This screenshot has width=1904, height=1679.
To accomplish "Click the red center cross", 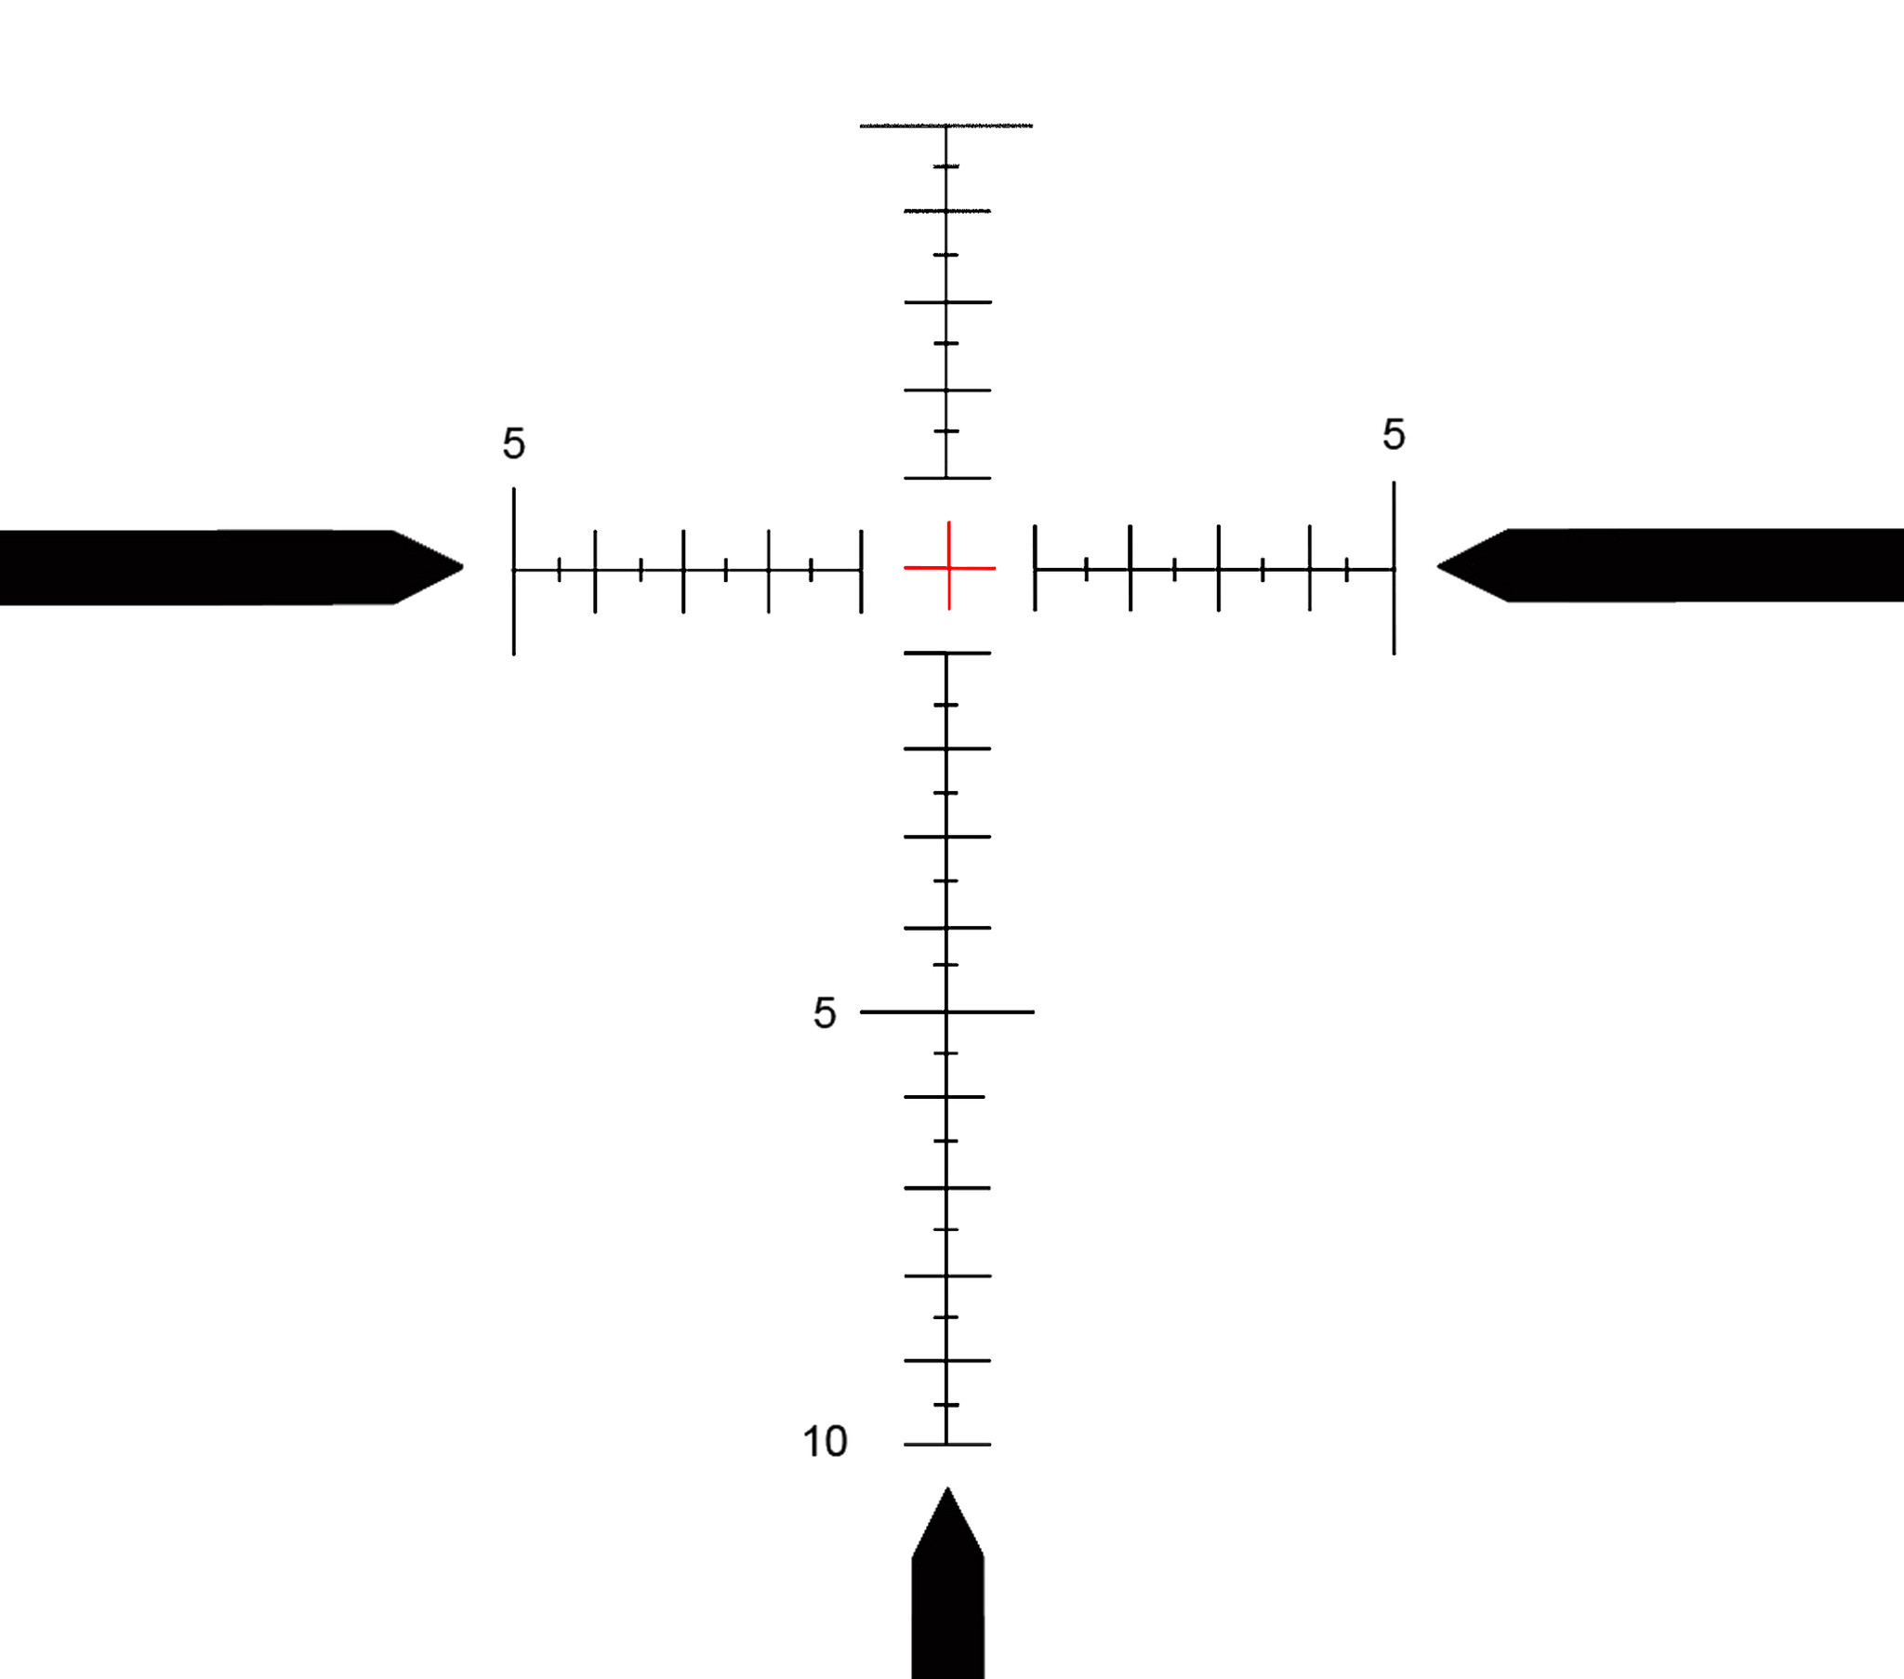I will click(x=948, y=566).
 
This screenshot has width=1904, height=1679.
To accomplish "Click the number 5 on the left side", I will click(x=514, y=443).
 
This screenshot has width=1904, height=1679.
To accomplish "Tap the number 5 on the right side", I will click(x=1394, y=434).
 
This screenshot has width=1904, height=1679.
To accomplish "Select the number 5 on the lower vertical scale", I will click(x=825, y=1011).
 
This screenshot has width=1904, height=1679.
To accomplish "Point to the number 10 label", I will click(x=826, y=1441).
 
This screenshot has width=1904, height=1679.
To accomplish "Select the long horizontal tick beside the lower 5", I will click(x=947, y=1011).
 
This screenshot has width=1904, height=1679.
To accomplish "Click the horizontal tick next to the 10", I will click(x=947, y=1444).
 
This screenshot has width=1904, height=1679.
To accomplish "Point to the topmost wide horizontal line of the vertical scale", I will click(x=946, y=125).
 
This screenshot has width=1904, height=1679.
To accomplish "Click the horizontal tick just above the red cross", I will click(x=947, y=479).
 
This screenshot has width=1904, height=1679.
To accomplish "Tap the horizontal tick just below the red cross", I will click(x=947, y=654).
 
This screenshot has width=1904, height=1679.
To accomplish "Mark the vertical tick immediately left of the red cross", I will click(x=861, y=570).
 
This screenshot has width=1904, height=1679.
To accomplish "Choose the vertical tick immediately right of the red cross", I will click(x=1035, y=568).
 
